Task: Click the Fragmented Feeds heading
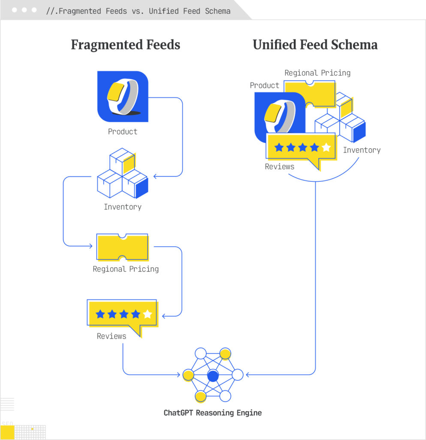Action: pos(125,45)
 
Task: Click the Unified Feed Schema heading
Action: pos(315,45)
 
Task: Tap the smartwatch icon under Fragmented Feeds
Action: pos(123,96)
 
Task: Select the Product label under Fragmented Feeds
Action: pos(123,131)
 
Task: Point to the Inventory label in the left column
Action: pos(123,207)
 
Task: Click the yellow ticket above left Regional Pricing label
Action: pos(123,247)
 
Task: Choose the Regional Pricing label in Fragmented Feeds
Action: pos(126,269)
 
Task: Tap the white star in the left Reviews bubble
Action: pos(148,314)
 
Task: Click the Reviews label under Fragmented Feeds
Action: pos(112,336)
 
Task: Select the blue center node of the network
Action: pos(213,376)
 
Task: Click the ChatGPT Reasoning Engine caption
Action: pos(213,413)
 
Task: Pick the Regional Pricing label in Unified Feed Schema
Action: pos(317,73)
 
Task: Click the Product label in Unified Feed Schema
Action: pos(265,85)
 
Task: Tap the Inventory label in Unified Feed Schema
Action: pos(362,150)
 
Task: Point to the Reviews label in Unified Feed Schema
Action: pos(280,166)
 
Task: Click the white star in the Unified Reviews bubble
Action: pos(326,147)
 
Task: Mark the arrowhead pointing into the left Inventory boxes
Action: pos(156,176)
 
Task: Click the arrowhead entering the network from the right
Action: pos(248,375)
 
